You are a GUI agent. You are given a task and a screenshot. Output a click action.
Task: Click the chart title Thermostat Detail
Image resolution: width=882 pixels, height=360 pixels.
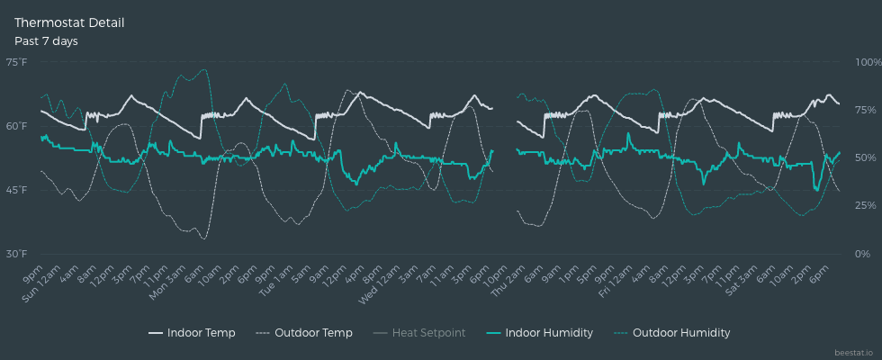pyautogui.click(x=69, y=22)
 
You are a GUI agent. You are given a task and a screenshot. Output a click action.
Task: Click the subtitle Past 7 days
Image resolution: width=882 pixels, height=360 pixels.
pyautogui.click(x=46, y=41)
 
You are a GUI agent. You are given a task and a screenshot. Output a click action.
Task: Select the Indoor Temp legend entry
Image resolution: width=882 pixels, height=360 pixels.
pyautogui.click(x=192, y=333)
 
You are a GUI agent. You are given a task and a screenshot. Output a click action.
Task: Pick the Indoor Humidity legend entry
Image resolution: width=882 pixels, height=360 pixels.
pyautogui.click(x=539, y=333)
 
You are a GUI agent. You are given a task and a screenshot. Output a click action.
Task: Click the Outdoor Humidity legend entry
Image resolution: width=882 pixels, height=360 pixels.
pyautogui.click(x=672, y=333)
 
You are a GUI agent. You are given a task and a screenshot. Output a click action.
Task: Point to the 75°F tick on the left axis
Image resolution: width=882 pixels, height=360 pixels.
pyautogui.click(x=16, y=62)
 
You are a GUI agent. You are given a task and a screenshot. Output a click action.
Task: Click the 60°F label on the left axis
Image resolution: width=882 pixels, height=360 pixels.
pyautogui.click(x=16, y=126)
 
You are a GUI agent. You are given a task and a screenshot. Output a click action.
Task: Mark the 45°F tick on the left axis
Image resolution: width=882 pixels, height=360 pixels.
pyautogui.click(x=16, y=190)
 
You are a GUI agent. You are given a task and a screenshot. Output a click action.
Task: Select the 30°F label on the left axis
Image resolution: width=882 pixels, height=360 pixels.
pyautogui.click(x=16, y=254)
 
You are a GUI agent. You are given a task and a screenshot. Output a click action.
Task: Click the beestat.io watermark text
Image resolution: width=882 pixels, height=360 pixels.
pyautogui.click(x=854, y=352)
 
